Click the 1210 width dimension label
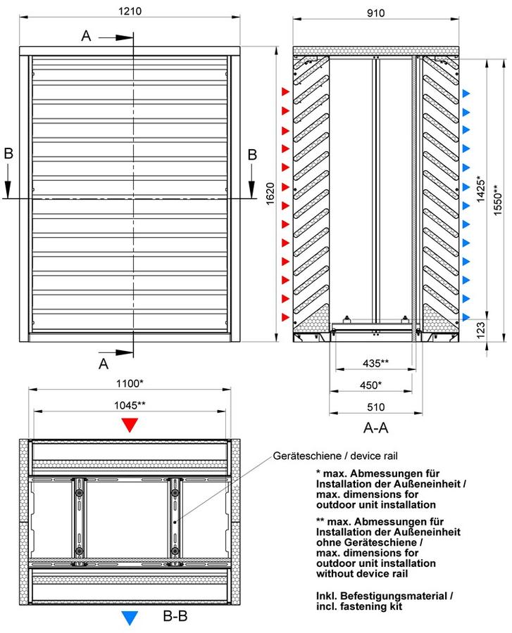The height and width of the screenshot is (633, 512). [x=130, y=11]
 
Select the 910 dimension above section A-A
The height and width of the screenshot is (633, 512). [x=375, y=13]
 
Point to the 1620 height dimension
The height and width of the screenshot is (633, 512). [x=270, y=194]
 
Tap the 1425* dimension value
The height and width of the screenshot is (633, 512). [x=481, y=188]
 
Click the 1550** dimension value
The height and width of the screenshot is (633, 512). [x=498, y=200]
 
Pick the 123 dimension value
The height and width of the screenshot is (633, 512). [x=480, y=330]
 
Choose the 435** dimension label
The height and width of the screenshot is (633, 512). [x=375, y=363]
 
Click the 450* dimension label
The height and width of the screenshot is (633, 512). [x=370, y=385]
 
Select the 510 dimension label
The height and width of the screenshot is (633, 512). [x=375, y=407]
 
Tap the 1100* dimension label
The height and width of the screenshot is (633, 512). [x=130, y=383]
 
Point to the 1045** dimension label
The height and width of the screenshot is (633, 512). [x=130, y=405]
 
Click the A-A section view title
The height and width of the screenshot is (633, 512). [x=376, y=428]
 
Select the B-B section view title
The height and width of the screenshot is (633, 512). [x=175, y=616]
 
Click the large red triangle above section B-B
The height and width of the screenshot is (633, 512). [x=130, y=425]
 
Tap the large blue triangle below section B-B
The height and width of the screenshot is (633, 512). [x=130, y=618]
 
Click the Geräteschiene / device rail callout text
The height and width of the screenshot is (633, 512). [x=335, y=456]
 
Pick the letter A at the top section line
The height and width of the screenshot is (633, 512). [x=86, y=36]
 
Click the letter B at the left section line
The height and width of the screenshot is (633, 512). [x=8, y=154]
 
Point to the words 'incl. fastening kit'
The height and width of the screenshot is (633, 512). [x=359, y=606]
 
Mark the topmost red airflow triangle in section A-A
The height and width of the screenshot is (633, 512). [x=286, y=91]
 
